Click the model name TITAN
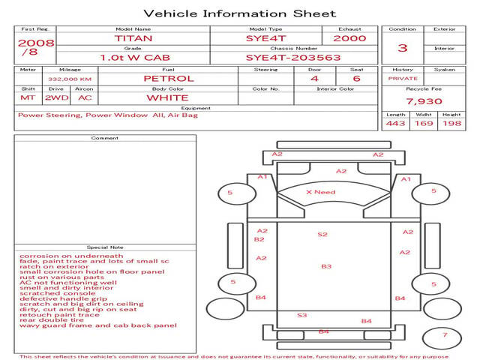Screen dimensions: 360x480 click(133, 37)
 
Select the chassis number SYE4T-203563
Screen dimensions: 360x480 click(293, 57)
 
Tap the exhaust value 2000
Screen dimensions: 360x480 click(349, 37)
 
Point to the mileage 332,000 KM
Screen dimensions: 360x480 click(70, 78)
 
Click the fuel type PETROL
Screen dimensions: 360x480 click(168, 78)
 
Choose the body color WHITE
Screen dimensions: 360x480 click(167, 97)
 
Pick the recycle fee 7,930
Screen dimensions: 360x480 click(424, 101)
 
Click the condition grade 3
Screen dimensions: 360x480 click(403, 48)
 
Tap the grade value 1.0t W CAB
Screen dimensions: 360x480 click(133, 57)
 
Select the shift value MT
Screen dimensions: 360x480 click(28, 97)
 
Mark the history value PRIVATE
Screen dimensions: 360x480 click(403, 78)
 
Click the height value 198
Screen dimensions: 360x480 click(451, 124)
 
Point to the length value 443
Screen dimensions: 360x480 click(395, 124)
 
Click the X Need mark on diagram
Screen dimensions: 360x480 click(320, 192)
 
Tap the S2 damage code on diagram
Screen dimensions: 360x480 click(322, 235)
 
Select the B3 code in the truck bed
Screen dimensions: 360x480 click(326, 266)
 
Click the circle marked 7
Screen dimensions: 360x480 click(444, 335)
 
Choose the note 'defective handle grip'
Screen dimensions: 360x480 click(63, 298)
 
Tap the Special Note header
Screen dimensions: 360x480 click(105, 247)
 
